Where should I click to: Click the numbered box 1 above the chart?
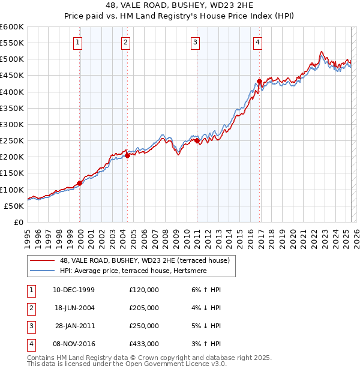point(79,42)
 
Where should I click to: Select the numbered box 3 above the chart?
point(196,42)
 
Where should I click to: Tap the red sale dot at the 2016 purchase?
point(259,81)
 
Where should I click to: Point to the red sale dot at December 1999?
point(80,183)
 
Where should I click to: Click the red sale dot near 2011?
point(198,140)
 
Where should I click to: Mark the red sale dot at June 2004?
point(127,155)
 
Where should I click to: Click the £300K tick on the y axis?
point(12,124)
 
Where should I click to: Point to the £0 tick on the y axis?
point(19,222)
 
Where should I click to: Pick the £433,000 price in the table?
point(144,344)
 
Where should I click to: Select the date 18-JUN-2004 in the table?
point(74,308)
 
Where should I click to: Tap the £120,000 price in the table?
point(144,290)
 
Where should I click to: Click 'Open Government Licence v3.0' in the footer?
point(164,364)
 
